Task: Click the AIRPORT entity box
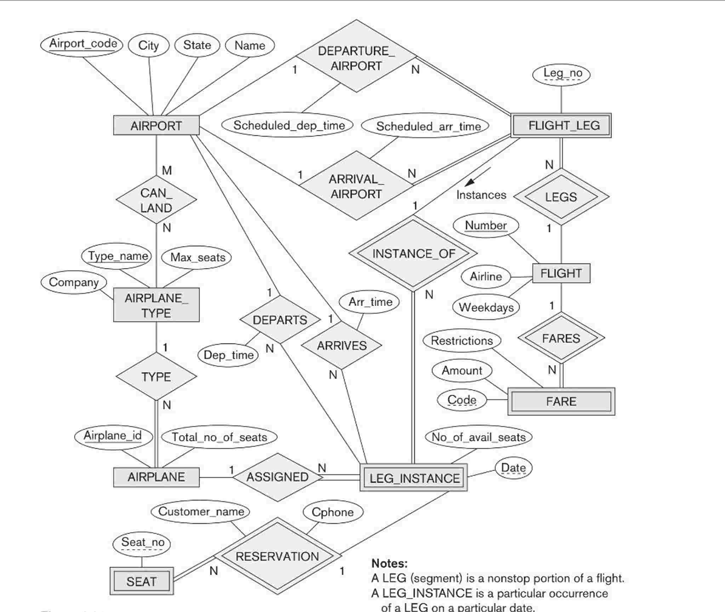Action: click(x=156, y=125)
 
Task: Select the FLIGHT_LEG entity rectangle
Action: click(x=561, y=125)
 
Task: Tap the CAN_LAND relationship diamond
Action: click(x=156, y=200)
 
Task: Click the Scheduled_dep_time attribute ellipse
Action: click(x=287, y=125)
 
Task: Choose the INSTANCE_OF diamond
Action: click(x=413, y=253)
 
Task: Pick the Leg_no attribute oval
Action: click(x=561, y=74)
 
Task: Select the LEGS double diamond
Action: click(x=561, y=196)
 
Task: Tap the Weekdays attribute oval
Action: click(x=486, y=307)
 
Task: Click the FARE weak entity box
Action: click(x=561, y=401)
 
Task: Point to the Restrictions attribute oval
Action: click(x=462, y=341)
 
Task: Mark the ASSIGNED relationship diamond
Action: click(x=277, y=477)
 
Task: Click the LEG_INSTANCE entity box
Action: click(x=413, y=478)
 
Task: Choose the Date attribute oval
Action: click(x=513, y=468)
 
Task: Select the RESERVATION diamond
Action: click(x=277, y=556)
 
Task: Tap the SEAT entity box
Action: click(x=142, y=581)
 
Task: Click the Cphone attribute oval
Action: click(x=333, y=512)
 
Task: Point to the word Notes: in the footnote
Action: click(x=389, y=563)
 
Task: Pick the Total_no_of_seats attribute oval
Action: click(x=219, y=437)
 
